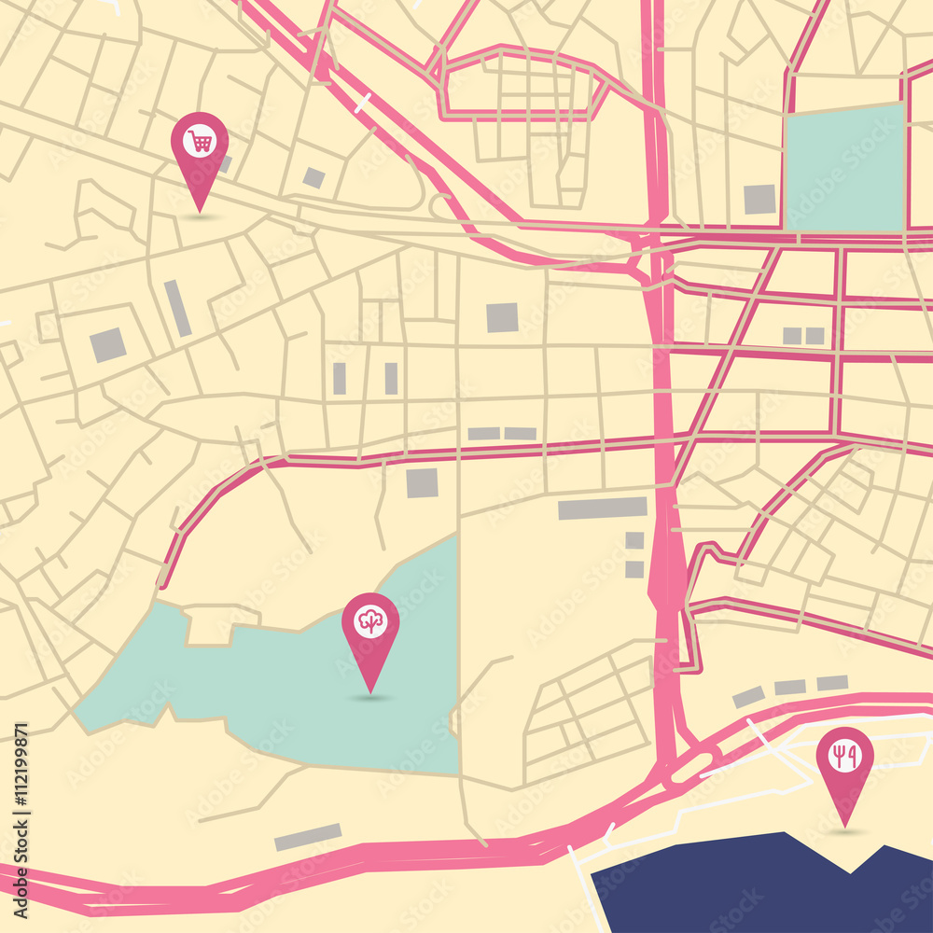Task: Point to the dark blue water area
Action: [746, 886]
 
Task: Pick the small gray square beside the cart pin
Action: [225, 163]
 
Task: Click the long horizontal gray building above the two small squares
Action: [602, 508]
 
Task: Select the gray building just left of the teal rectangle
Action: [759, 198]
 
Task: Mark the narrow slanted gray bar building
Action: [177, 308]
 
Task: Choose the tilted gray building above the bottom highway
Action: [308, 836]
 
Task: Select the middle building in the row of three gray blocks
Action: [789, 688]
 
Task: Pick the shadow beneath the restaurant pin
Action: [844, 829]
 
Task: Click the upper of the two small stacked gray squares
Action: [634, 539]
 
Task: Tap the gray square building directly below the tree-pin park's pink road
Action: [422, 482]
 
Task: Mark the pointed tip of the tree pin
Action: [370, 690]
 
